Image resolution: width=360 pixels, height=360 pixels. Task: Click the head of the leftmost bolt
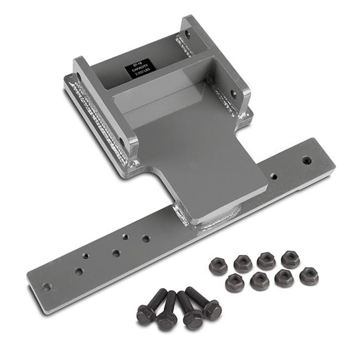pos(146,315)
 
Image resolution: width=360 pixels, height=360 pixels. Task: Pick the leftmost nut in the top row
pos(218,266)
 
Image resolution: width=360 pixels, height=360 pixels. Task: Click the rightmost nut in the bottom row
pos(308,276)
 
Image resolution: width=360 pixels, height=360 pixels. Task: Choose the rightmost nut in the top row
pos(290,258)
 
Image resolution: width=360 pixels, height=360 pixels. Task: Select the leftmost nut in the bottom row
pos(235,283)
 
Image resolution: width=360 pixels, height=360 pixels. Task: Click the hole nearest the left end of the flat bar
pos(47,287)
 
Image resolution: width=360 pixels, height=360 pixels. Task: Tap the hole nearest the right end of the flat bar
pos(306,161)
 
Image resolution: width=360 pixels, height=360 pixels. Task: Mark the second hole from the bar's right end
pos(272,177)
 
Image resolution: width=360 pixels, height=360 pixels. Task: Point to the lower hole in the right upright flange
pos(233,94)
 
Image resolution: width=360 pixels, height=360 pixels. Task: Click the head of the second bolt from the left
pos(167,320)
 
